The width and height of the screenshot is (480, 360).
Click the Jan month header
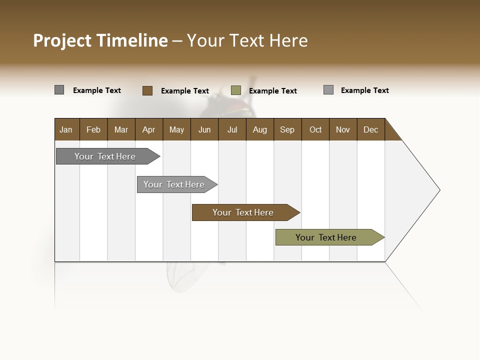pyautogui.click(x=66, y=129)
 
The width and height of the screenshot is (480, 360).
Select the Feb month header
pyautogui.click(x=93, y=129)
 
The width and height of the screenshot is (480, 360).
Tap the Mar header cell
pyautogui.click(x=121, y=129)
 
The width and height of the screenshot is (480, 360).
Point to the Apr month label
pyautogui.click(x=148, y=129)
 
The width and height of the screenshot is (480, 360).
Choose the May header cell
pyautogui.click(x=176, y=129)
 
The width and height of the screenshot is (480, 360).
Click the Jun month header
pyautogui.click(x=204, y=129)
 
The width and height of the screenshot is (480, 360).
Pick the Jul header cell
pyautogui.click(x=232, y=129)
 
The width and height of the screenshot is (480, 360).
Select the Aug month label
pyautogui.click(x=259, y=129)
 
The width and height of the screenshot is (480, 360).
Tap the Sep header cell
pyautogui.click(x=287, y=129)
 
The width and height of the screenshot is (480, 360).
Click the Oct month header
pyautogui.click(x=315, y=129)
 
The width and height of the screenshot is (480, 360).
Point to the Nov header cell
pyautogui.click(x=342, y=129)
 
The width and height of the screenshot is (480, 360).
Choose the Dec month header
pyautogui.click(x=370, y=129)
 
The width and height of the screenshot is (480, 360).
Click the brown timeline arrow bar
pyautogui.click(x=243, y=212)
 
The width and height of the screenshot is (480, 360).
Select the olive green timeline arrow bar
pyautogui.click(x=326, y=237)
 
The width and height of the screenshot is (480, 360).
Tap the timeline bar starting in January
pyautogui.click(x=105, y=156)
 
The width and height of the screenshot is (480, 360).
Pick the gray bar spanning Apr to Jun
pyautogui.click(x=174, y=184)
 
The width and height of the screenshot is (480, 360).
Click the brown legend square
pyautogui.click(x=147, y=90)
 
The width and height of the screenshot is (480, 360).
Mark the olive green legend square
pyautogui.click(x=236, y=90)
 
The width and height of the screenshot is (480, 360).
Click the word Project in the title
pyautogui.click(x=62, y=40)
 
